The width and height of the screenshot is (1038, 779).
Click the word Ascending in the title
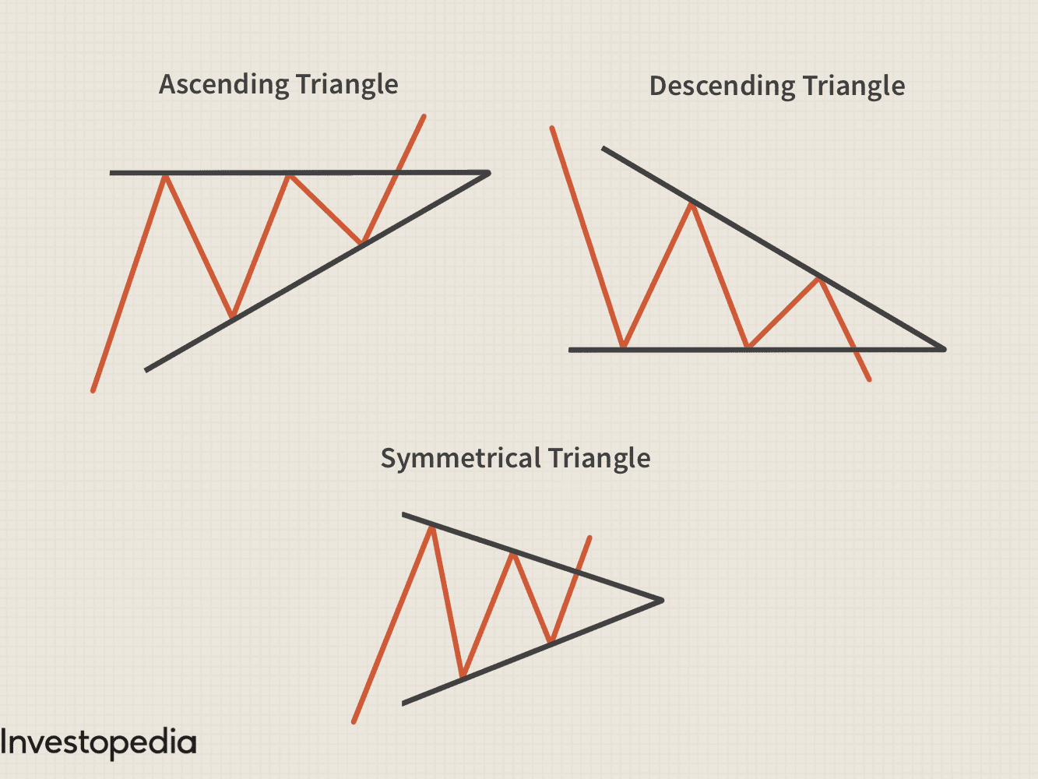[x=223, y=85]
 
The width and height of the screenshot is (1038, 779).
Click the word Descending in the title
[x=722, y=86]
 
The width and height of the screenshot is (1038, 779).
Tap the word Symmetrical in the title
[x=460, y=458]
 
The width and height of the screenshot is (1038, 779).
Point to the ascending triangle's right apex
[x=489, y=173]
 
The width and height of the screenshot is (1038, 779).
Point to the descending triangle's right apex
[x=944, y=349]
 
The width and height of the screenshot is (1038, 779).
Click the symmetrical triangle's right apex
[x=662, y=600]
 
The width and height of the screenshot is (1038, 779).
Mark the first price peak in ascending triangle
[x=165, y=177]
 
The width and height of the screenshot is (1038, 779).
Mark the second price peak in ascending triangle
[x=290, y=177]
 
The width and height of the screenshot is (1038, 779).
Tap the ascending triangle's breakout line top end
[x=424, y=116]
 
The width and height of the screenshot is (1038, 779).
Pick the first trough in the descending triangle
[x=623, y=346]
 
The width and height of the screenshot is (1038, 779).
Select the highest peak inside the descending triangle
[x=691, y=205]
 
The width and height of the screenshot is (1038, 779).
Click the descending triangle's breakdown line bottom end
[x=869, y=379]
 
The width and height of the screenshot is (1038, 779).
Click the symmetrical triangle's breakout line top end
[x=589, y=538]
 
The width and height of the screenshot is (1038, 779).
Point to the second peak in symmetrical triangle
[x=512, y=554]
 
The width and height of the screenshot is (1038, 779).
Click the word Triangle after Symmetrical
[x=600, y=458]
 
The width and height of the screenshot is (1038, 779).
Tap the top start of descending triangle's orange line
[x=552, y=128]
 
